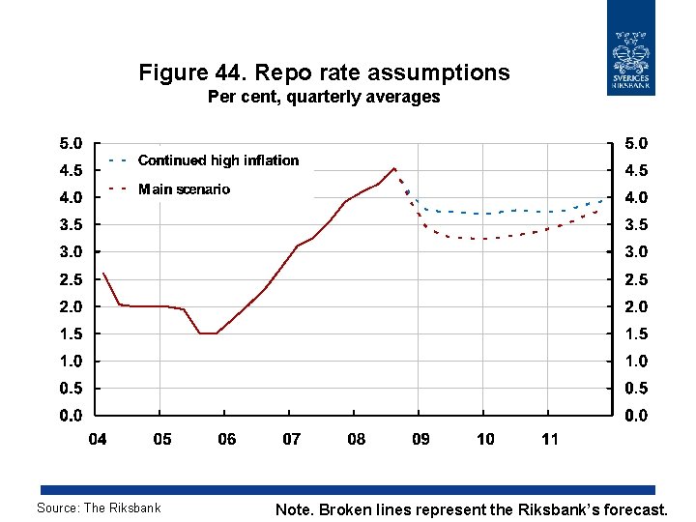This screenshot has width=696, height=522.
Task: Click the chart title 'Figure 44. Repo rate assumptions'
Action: (324, 72)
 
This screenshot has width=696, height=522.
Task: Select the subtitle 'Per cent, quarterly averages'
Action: (324, 97)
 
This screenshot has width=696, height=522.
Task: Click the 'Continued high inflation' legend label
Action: (218, 160)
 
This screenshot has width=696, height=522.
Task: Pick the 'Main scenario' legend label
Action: (184, 189)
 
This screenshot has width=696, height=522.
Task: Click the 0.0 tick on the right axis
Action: (636, 417)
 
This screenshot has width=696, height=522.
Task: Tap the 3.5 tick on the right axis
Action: (636, 225)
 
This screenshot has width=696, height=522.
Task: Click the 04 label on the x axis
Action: (98, 440)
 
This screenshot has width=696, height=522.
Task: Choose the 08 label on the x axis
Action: (356, 440)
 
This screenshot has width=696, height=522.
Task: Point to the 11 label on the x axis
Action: (549, 440)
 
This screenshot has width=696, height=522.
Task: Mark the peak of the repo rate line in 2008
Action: (394, 168)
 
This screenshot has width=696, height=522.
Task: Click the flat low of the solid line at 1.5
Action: (208, 333)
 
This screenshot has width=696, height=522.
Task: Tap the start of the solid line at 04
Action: (102, 274)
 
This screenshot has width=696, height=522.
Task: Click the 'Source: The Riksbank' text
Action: (99, 507)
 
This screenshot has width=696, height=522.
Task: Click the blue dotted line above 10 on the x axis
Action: (485, 214)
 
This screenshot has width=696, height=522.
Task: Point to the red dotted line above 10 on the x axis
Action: (485, 239)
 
